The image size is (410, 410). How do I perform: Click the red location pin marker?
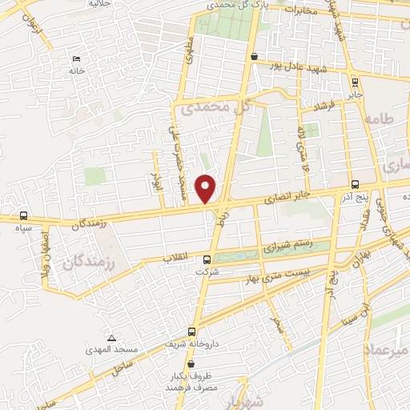pos(206,188)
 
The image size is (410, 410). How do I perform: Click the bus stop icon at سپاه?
pos(23,216)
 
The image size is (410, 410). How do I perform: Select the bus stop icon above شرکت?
pos(207,259)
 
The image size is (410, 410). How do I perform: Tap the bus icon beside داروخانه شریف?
pos(191,332)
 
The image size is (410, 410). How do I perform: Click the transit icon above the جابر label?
pos(355,82)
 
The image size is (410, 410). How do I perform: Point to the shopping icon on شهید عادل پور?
pos(254,57)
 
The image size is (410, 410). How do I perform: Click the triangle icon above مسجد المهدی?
pos(112,339)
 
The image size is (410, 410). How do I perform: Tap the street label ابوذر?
pos(158,181)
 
